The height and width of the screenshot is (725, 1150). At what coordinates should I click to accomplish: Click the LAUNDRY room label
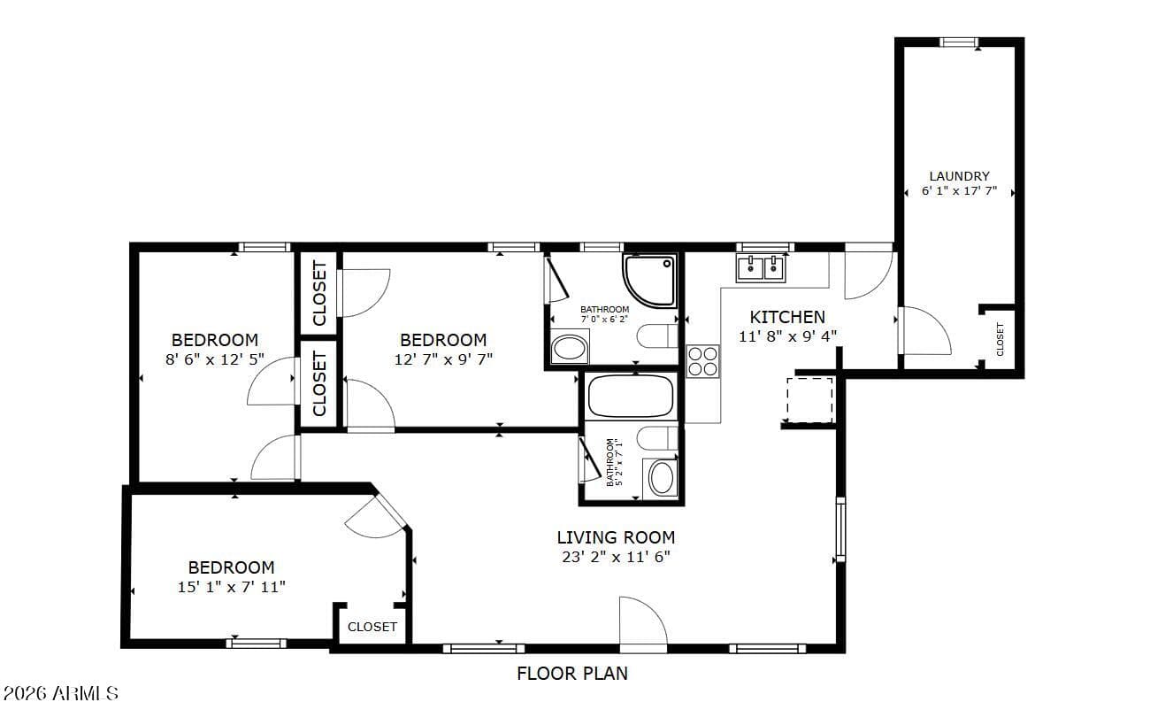(959, 176)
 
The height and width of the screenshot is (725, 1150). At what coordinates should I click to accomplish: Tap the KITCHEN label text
(787, 317)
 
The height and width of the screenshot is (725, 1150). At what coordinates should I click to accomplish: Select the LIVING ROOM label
(616, 537)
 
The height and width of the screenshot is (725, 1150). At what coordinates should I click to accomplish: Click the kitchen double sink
(761, 268)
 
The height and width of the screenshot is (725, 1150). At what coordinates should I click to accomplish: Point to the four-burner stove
(703, 361)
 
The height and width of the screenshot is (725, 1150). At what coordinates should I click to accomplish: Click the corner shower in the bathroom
(649, 281)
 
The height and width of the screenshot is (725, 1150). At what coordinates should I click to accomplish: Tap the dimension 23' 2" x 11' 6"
(616, 557)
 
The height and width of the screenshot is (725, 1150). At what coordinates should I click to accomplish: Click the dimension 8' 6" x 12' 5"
(215, 359)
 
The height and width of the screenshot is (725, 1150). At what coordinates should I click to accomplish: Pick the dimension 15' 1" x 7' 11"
(231, 587)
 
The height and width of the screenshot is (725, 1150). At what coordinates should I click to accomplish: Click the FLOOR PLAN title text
(572, 674)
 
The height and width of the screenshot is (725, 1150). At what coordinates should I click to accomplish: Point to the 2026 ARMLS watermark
(60, 694)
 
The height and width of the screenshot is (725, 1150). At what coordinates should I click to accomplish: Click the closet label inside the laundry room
(1000, 339)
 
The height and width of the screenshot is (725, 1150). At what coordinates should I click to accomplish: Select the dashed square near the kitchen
(809, 400)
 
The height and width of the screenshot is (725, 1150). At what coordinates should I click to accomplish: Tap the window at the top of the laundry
(959, 42)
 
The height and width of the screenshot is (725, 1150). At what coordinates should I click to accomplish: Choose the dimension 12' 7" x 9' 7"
(443, 359)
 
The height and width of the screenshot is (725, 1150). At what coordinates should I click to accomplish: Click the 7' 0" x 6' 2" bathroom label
(604, 314)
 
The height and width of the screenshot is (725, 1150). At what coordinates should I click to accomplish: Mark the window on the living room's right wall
(840, 529)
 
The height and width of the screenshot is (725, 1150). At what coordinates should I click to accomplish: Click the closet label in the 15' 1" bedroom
(372, 627)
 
